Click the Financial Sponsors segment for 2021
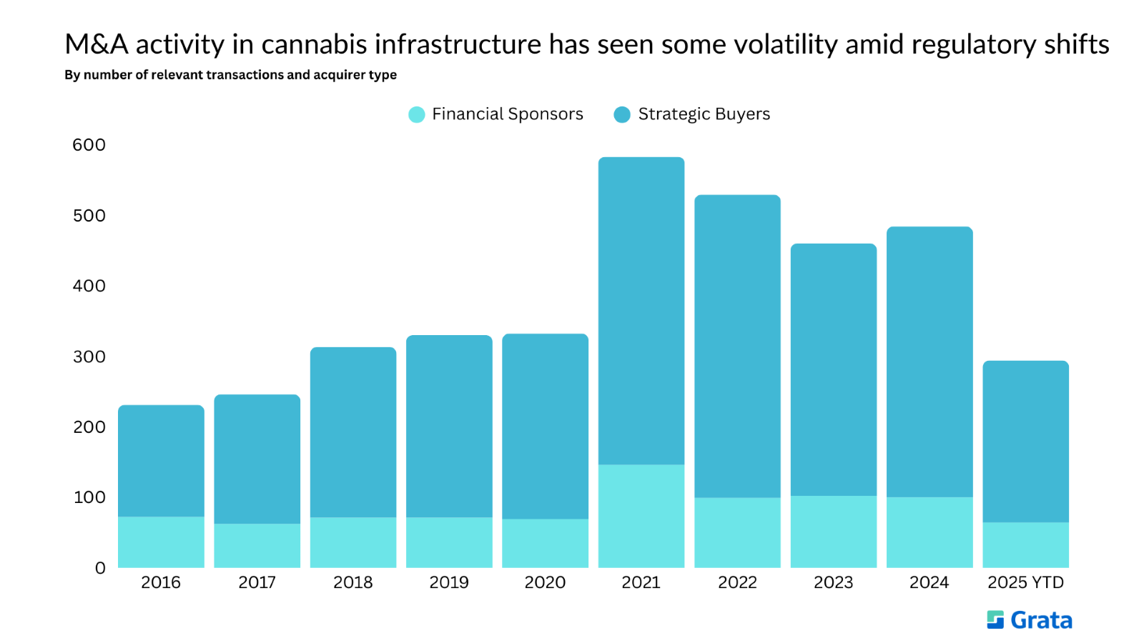pos(641,516)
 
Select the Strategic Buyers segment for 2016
pos(161,461)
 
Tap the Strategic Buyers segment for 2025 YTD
pos(1025,442)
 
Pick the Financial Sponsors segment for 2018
pos(353,542)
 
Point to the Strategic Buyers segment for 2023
pos(834,369)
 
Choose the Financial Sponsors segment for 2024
pos(929,532)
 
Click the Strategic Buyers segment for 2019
pos(449,426)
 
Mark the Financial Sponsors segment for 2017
pos(257,546)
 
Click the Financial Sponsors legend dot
pos(417,114)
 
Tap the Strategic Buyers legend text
pos(704,114)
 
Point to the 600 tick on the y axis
pos(89,145)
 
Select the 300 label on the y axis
pos(89,357)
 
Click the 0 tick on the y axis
pos(100,568)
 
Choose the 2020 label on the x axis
pos(545,583)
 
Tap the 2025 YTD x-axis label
pos(1025,583)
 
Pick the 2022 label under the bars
pos(737,583)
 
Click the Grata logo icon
pos(995,619)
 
